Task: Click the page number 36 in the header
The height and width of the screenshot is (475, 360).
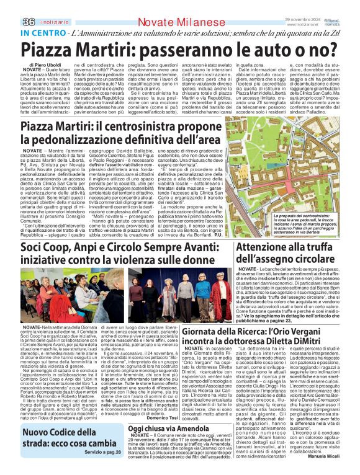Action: (x=11, y=6)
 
